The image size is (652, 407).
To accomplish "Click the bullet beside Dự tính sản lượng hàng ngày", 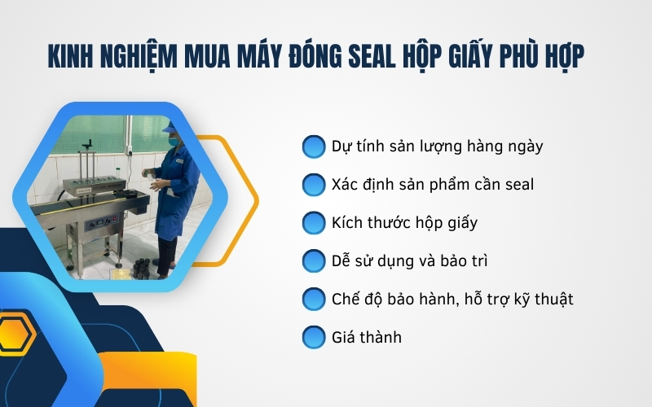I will tap(313, 147).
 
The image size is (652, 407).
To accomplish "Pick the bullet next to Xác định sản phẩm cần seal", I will tap(313, 185).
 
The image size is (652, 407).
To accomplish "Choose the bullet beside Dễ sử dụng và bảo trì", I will tap(313, 261).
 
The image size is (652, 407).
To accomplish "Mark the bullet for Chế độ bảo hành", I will tap(313, 299).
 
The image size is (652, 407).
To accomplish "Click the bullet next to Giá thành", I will tap(313, 337).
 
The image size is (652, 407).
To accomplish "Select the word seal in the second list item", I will tap(516, 185).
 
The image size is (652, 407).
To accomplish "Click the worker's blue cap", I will tap(170, 128).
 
